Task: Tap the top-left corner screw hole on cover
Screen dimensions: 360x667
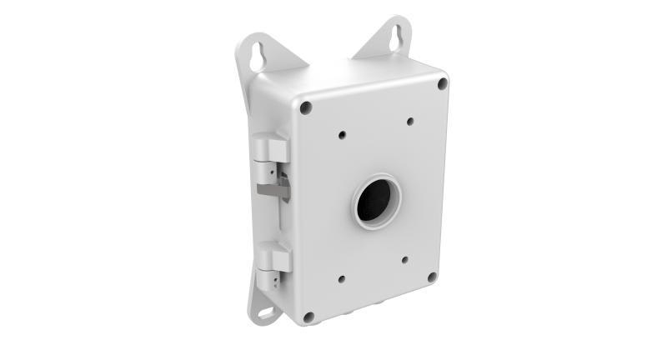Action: pos(307,107)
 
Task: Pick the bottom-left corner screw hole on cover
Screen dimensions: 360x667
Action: pos(308,317)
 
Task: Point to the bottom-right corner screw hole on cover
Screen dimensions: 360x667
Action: pos(431,277)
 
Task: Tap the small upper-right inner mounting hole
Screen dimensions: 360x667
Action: pos(410,122)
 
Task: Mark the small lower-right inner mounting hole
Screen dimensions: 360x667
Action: pos(405,259)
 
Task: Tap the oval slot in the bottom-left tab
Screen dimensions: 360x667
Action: pos(266,314)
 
